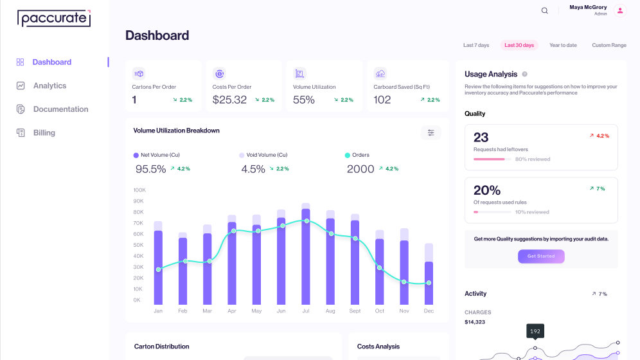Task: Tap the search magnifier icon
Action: (544, 11)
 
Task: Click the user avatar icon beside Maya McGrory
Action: (620, 11)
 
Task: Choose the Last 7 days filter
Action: (476, 45)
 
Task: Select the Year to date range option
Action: (563, 45)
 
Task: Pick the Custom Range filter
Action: (609, 45)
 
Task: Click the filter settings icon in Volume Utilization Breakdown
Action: (431, 132)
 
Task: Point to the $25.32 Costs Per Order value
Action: (229, 100)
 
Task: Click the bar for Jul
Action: (306, 254)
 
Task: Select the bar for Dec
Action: (429, 274)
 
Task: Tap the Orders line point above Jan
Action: (158, 269)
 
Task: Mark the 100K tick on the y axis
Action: (139, 190)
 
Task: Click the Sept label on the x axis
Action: (355, 311)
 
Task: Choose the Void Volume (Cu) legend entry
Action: (263, 155)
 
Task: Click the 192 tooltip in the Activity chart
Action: (535, 331)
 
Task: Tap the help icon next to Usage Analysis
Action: (524, 75)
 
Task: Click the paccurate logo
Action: (54, 19)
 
